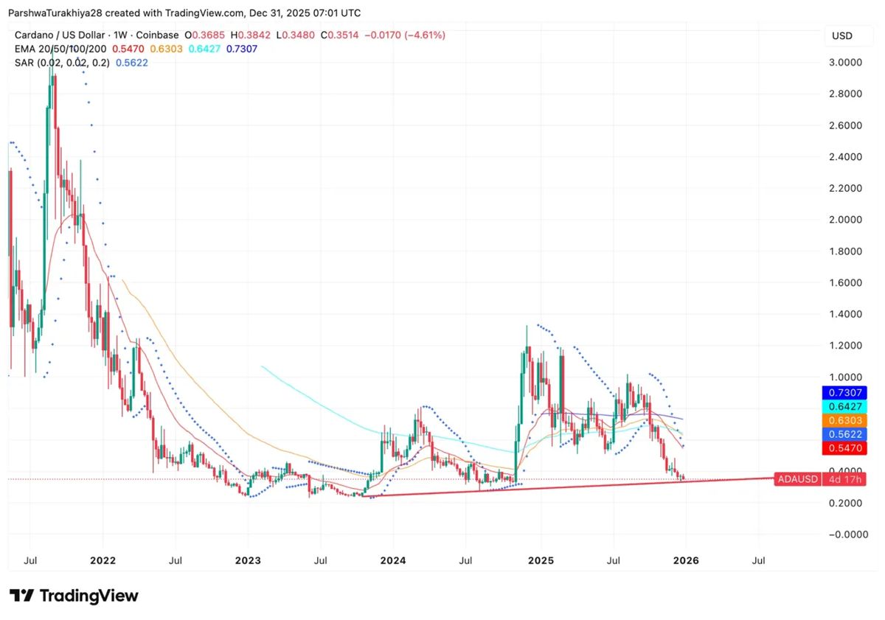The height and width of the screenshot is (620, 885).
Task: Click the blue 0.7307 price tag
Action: point(846,392)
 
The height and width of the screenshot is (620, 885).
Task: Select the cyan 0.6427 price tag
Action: point(846,406)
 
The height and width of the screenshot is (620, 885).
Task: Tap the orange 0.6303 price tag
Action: point(846,420)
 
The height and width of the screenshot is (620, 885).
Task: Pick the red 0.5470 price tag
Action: point(846,448)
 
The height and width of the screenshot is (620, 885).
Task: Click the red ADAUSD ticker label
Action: point(797,479)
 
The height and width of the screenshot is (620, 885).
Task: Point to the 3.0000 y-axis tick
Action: point(844,63)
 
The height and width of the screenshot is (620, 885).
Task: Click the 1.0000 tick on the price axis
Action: point(844,377)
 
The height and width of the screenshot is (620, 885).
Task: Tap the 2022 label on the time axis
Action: point(103,560)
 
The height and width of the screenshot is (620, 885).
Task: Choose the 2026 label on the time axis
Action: point(686,560)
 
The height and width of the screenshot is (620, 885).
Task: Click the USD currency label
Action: point(841,35)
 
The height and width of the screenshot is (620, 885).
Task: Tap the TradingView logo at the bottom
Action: point(74,596)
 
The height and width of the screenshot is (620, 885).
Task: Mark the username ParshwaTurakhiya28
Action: point(60,13)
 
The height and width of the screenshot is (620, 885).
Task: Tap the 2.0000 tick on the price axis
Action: point(844,220)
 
